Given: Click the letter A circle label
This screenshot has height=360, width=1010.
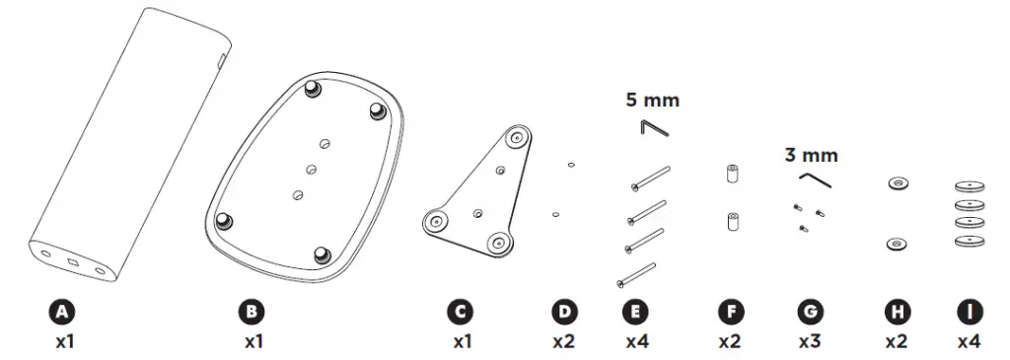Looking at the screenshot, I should pyautogui.click(x=62, y=313).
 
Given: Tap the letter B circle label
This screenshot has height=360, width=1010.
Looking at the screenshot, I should pyautogui.click(x=252, y=313).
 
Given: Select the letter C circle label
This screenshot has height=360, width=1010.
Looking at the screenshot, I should pyautogui.click(x=459, y=313).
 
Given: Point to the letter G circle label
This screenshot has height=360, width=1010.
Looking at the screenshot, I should pyautogui.click(x=810, y=313).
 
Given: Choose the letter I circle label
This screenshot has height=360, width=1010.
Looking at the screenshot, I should pyautogui.click(x=969, y=313).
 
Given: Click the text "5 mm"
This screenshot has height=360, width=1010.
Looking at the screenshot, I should pyautogui.click(x=652, y=100).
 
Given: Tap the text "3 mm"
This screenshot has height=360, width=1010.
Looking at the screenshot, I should pyautogui.click(x=812, y=155).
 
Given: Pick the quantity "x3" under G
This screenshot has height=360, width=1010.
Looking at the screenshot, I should pyautogui.click(x=810, y=342).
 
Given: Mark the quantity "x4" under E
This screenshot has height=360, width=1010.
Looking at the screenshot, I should pyautogui.click(x=636, y=342).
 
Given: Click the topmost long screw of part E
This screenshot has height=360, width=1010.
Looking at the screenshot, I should pyautogui.click(x=649, y=178).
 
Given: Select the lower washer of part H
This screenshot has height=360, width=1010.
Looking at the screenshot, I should pyautogui.click(x=897, y=242).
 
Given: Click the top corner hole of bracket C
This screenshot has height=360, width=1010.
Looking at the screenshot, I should pyautogui.click(x=516, y=139).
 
